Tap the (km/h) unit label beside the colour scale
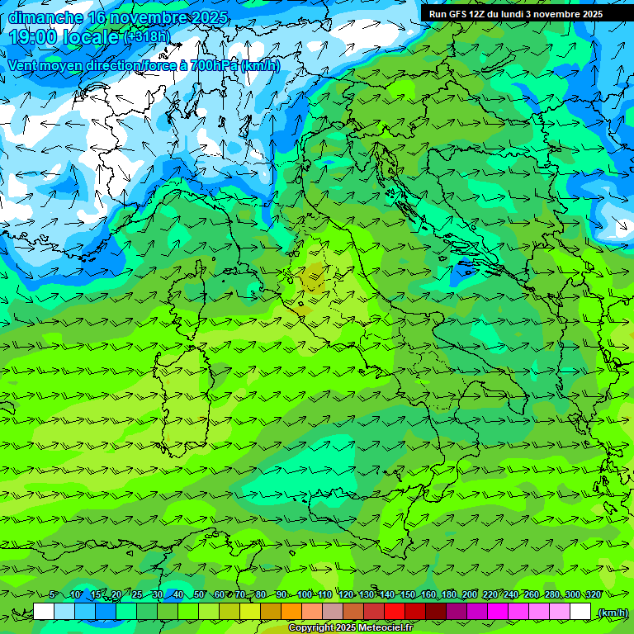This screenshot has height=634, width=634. click(x=612, y=613)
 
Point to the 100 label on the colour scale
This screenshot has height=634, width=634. click(x=304, y=594)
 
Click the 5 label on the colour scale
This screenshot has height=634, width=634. click(x=53, y=594)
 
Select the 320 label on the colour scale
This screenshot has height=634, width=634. click(x=593, y=594)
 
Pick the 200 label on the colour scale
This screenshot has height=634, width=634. click(x=469, y=594)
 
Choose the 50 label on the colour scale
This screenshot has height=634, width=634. click(x=199, y=594)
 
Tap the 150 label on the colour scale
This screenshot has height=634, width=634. click(x=407, y=594)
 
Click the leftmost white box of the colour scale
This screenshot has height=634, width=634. click(x=44, y=612)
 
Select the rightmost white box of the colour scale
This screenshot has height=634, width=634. click(x=580, y=612)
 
